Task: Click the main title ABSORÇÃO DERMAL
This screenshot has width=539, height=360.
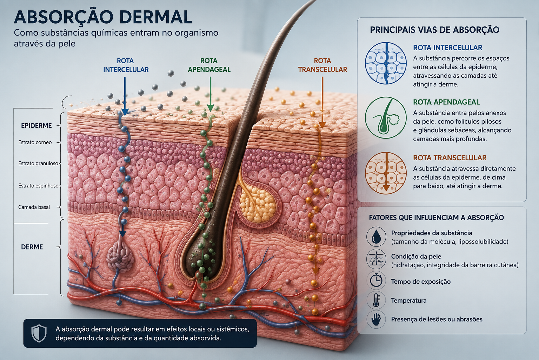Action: coord(103,17)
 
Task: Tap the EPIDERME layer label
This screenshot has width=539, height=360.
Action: coord(36,126)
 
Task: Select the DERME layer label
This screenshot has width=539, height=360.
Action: coord(32,247)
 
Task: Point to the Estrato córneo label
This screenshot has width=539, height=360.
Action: coord(35,142)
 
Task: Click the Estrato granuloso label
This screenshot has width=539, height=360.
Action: coord(38,163)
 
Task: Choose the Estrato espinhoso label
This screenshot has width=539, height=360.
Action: coord(39,186)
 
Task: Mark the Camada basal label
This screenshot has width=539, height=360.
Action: coord(34,207)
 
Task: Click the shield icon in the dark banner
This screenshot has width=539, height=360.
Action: coord(39,333)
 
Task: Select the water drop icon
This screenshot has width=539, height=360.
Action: coord(376,237)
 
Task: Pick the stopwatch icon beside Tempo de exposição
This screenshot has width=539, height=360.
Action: coord(376,281)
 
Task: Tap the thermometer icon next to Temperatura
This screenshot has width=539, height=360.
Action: coord(376,300)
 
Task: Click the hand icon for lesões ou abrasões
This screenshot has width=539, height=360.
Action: coord(376,319)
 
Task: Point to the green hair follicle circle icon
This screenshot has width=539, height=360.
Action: coord(386,118)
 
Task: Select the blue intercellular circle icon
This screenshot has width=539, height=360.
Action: coord(386,63)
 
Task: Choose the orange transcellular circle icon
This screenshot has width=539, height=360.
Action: coord(386,173)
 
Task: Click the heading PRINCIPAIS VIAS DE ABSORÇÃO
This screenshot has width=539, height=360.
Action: coord(434,30)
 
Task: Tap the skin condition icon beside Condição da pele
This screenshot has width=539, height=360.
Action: coord(376,259)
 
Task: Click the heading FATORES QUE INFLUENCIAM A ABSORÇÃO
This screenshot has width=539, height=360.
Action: coord(436,218)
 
